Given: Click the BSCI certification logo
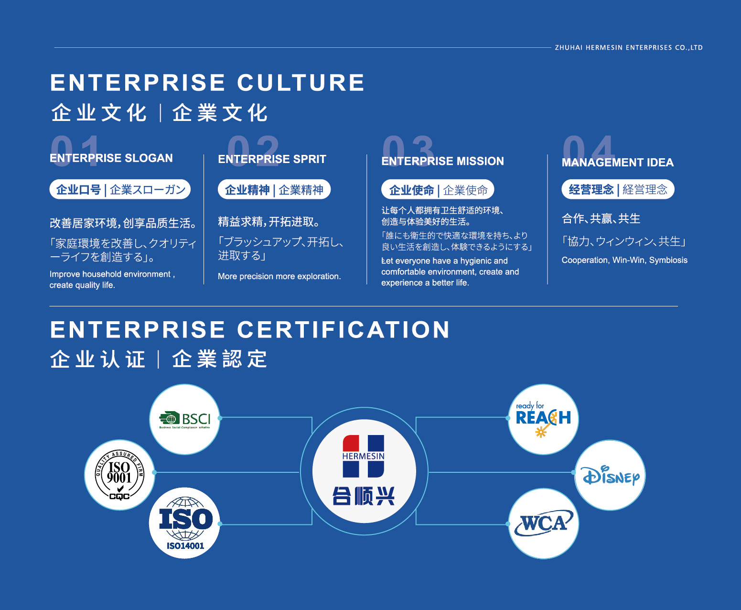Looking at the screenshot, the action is point(185,419).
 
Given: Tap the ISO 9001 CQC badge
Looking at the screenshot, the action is point(119,475).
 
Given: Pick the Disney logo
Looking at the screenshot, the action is point(610,475).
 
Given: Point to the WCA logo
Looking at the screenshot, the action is point(544,523).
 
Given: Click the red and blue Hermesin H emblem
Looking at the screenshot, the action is point(363,456).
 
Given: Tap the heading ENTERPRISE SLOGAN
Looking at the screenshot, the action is point(111,158).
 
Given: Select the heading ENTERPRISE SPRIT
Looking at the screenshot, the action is point(272,159).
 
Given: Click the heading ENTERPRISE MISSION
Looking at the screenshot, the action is point(443,161).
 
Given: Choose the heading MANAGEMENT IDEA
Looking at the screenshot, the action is point(617,163).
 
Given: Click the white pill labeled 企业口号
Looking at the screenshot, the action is point(120,189).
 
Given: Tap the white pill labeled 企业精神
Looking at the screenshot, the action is point(274,189).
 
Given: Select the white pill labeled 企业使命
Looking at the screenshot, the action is point(438,189).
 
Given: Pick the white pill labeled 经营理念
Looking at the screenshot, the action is point(618,189).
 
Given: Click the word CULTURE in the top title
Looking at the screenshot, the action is point(301,83).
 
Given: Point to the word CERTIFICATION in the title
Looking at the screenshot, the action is point(344,329).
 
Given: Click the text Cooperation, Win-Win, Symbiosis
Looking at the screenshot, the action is point(624,260).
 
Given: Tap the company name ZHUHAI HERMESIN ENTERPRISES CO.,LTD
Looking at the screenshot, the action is point(629,47).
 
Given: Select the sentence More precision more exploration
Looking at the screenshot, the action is point(279,276).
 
